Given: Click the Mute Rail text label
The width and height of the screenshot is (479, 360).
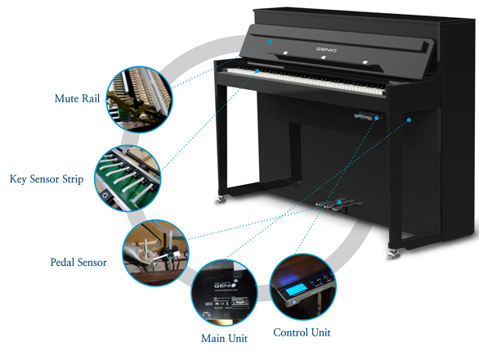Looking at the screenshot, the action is (x=77, y=98).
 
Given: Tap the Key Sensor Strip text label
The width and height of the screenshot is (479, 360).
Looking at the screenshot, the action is (x=47, y=179).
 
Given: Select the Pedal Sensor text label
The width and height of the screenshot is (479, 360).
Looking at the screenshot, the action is (x=78, y=263).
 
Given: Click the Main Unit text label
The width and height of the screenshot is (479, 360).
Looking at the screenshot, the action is (x=224, y=338).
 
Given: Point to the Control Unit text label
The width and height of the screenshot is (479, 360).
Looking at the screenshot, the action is (x=302, y=332).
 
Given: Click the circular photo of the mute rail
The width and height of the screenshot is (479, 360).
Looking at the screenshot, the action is (x=139, y=99).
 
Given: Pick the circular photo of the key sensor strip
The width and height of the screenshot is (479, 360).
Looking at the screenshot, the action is (x=128, y=178).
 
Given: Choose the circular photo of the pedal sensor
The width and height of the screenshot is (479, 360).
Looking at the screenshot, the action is (x=155, y=253).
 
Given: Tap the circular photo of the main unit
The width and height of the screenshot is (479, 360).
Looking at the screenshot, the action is (x=224, y=292).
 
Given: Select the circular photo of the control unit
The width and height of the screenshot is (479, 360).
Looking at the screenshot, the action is (x=303, y=286).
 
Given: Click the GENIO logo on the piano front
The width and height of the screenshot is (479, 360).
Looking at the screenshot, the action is (x=326, y=49).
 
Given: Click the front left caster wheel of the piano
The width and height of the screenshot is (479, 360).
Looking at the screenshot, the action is (x=221, y=200).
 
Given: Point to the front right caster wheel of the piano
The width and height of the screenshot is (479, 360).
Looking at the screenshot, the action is (x=393, y=254).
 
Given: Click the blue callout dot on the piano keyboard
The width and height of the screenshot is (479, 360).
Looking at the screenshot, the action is (x=257, y=71).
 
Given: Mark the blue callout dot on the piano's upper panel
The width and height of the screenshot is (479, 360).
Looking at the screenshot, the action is (x=271, y=41).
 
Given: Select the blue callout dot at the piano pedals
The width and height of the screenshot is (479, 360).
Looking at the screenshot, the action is (x=339, y=202).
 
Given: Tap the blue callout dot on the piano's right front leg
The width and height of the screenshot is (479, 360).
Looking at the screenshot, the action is (x=409, y=120).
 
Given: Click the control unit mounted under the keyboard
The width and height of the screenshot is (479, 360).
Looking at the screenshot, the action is (x=368, y=115).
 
